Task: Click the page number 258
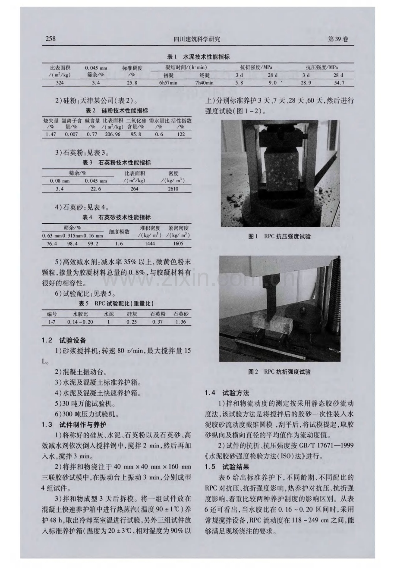[50, 38]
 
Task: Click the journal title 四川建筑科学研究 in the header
[197, 39]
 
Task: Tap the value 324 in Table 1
[60, 83]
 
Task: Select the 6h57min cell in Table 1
[168, 83]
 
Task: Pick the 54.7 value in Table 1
[339, 83]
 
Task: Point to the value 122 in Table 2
[181, 134]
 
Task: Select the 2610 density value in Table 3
[173, 189]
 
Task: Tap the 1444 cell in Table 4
[150, 244]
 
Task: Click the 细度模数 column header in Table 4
[119, 232]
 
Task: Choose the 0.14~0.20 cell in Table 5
[80, 322]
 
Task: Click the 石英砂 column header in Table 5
[181, 314]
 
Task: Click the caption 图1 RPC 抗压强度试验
[279, 237]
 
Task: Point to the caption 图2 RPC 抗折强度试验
[279, 372]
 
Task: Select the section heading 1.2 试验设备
[64, 340]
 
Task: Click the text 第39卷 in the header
[338, 39]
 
